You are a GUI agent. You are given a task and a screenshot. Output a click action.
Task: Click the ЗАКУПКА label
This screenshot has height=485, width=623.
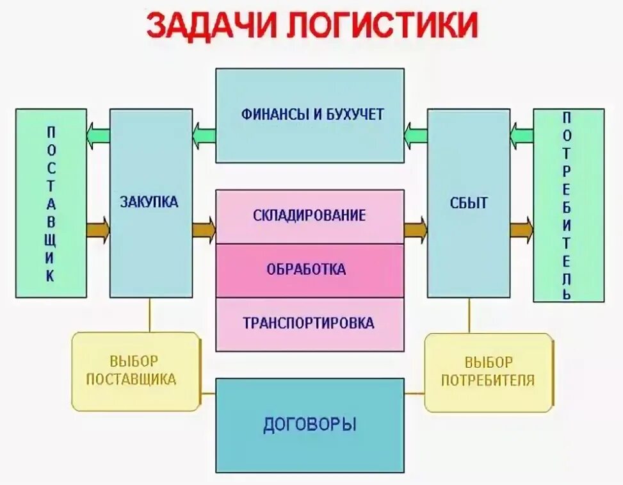click(x=149, y=202)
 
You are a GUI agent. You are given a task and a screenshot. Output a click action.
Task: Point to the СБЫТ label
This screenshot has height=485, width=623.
click(x=468, y=203)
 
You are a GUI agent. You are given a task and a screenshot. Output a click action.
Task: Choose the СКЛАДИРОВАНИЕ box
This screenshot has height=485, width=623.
click(x=310, y=216)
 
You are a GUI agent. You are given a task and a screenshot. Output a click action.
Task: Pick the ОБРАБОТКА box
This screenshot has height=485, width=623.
click(x=310, y=270)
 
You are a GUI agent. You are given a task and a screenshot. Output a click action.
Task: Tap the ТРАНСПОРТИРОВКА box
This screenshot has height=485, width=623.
click(x=310, y=324)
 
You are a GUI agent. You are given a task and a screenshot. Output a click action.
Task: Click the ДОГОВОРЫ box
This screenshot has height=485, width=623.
click(x=310, y=425)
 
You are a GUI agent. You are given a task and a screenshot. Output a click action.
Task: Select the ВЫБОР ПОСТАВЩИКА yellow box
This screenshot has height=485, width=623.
click(x=135, y=371)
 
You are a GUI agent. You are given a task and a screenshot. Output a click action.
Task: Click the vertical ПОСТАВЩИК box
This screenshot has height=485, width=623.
click(x=51, y=203)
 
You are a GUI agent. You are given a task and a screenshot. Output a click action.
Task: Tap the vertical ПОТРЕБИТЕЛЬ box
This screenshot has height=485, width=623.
click(x=568, y=205)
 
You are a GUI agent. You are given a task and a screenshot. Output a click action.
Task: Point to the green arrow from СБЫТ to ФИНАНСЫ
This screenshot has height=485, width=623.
click(x=416, y=135)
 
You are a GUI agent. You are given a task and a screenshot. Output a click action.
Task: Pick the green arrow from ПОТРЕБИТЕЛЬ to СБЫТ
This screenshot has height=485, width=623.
click(x=522, y=135)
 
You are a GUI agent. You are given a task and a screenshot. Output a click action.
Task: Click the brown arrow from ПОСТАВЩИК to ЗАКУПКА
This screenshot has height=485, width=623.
click(x=98, y=229)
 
